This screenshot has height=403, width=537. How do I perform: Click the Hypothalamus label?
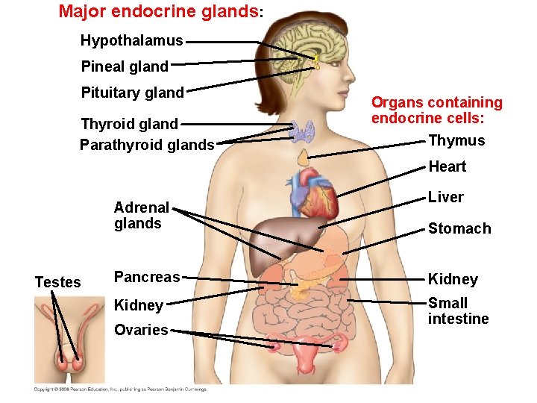pyautogui.click(x=131, y=40)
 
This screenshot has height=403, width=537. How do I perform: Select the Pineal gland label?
pyautogui.click(x=125, y=66)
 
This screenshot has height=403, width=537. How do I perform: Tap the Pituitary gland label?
pyautogui.click(x=132, y=93)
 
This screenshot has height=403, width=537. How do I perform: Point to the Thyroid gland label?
pyautogui.click(x=129, y=124)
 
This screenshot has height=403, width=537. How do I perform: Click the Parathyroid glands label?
pyautogui.click(x=147, y=145)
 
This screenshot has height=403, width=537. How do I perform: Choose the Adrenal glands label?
pyautogui.click(x=142, y=216)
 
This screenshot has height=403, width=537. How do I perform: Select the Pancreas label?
pyautogui.click(x=147, y=277)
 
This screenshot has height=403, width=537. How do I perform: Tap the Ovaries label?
pyautogui.click(x=141, y=330)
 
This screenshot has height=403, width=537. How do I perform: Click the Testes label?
pyautogui.click(x=57, y=282)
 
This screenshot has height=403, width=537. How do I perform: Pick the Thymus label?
pyautogui.click(x=456, y=140)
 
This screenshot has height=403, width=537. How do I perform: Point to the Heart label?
pyautogui.click(x=447, y=166)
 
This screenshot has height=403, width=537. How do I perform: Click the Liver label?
pyautogui.click(x=445, y=197)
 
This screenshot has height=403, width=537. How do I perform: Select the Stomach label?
pyautogui.click(x=459, y=228)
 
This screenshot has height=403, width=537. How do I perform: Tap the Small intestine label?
pyautogui.click(x=458, y=311)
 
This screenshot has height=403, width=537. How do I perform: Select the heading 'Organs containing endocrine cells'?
pyautogui.click(x=437, y=110)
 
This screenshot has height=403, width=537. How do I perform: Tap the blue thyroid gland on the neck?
pyautogui.click(x=303, y=132)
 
